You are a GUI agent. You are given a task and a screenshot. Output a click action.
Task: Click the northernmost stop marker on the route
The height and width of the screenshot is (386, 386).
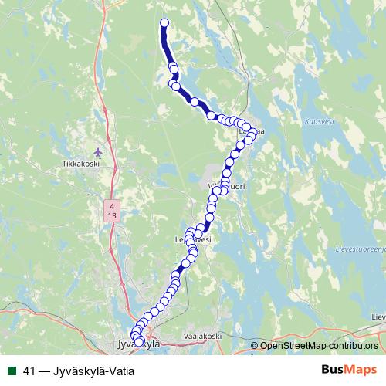point(164,22)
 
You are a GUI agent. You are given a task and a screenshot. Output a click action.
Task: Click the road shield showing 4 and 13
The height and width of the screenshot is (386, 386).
point(113,211)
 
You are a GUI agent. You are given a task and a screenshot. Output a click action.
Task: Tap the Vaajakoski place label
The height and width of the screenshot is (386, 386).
point(203,336)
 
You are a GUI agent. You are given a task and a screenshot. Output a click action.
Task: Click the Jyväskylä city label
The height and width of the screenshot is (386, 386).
point(136,345)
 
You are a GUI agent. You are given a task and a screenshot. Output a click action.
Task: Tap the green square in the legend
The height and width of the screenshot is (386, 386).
point(10,370)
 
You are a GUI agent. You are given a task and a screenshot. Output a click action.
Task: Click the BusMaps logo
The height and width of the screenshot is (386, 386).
point(349,369)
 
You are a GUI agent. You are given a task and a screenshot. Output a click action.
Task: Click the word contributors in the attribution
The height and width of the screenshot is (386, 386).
point(350,345)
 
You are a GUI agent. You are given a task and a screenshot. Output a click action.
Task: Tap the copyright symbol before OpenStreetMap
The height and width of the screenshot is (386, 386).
point(255,345)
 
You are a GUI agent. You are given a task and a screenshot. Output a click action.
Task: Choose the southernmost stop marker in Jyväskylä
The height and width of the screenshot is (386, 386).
point(140,342)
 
